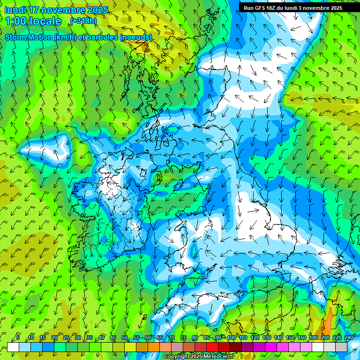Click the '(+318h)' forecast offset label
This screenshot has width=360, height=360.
[84, 21]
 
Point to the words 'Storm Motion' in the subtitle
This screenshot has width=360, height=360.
[28, 37]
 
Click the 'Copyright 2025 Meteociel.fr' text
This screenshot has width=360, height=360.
[199, 356]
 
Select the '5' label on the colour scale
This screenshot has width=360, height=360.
[18, 337]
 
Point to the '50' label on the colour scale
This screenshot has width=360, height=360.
[125, 337]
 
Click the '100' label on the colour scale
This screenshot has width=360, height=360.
[231, 337]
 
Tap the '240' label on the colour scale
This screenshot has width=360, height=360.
[348, 337]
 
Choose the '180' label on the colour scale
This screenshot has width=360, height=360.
[313, 337]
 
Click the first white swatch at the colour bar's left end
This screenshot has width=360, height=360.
[13, 347]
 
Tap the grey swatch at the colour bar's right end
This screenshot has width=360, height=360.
[341, 347]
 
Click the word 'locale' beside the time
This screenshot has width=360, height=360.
[46, 21]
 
